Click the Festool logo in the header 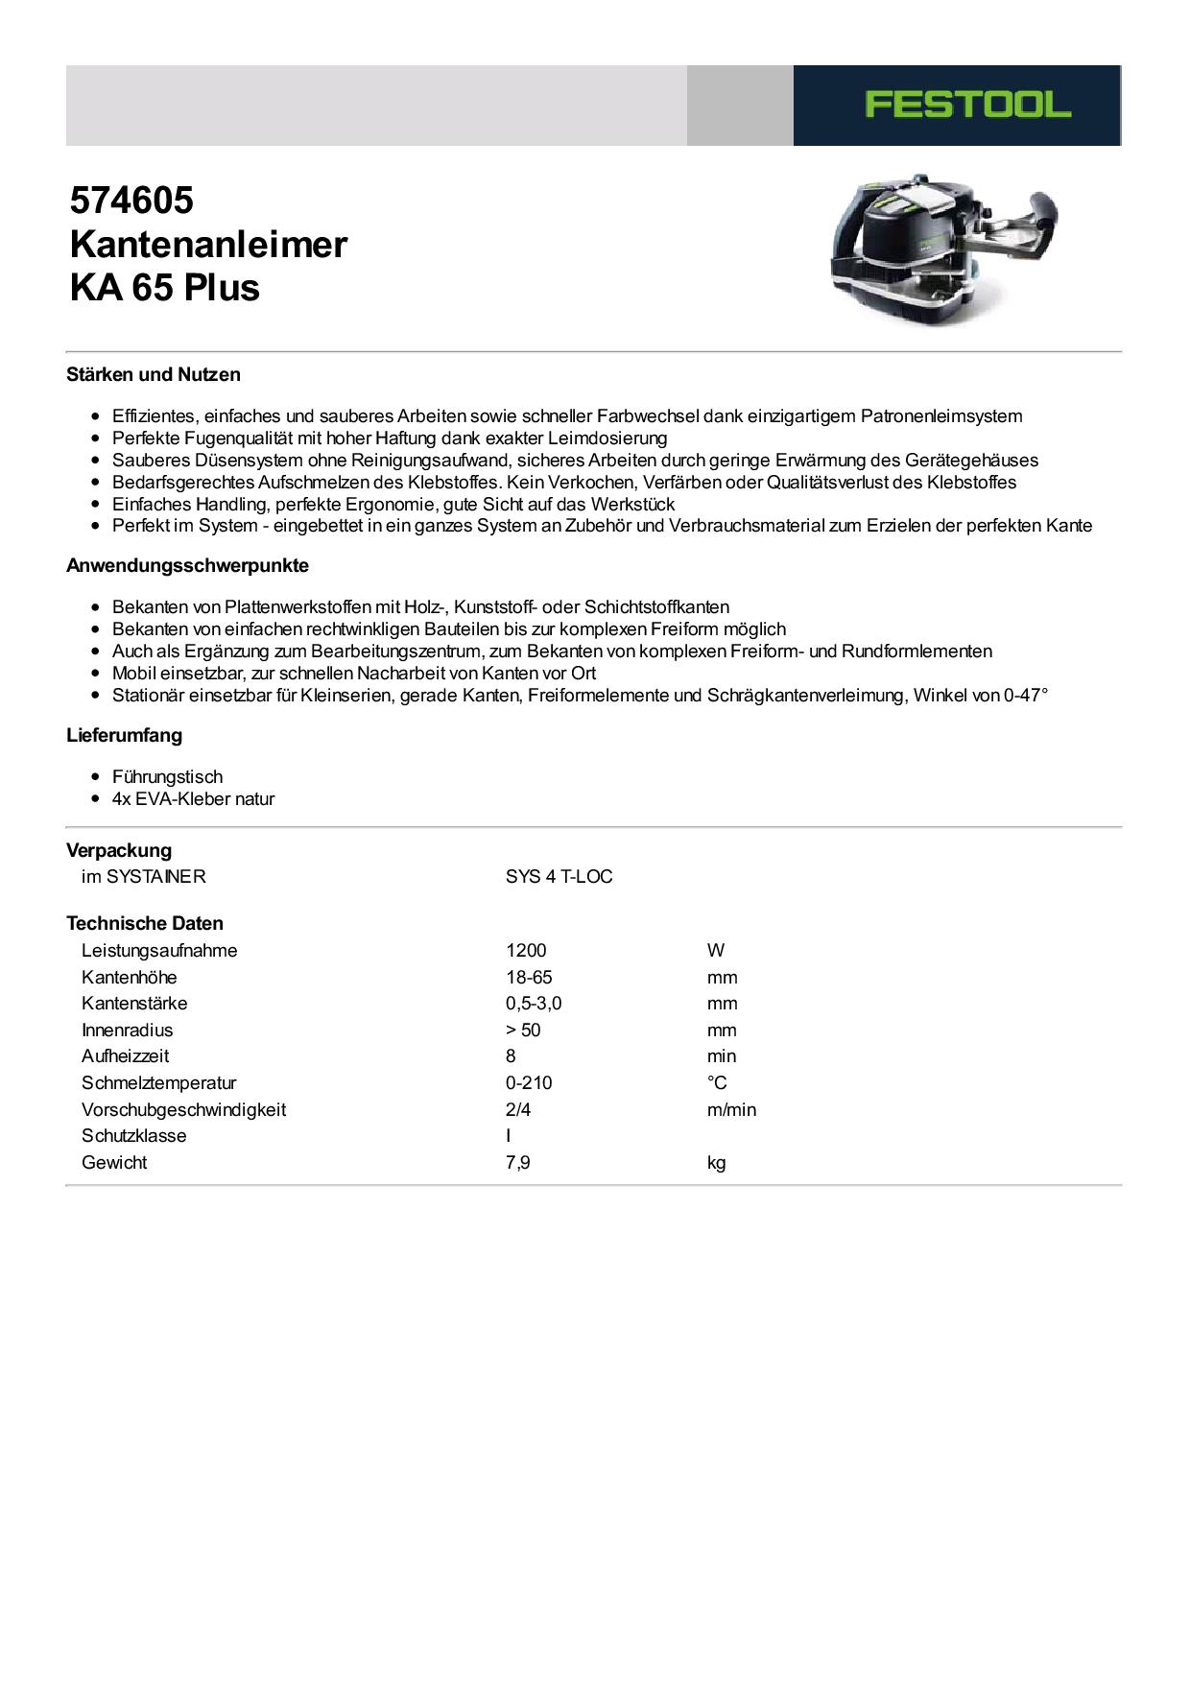tap(967, 105)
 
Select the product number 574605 tap(131, 201)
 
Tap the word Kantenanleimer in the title tap(208, 245)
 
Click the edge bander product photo tap(942, 249)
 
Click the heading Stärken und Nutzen tap(154, 374)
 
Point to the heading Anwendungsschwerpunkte tap(187, 565)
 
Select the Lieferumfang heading tap(124, 735)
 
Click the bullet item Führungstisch tap(167, 776)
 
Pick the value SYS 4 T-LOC tap(559, 876)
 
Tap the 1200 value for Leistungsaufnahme tap(526, 950)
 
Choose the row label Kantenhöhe tap(129, 977)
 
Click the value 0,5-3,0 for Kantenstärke tap(534, 1003)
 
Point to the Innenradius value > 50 tap(523, 1030)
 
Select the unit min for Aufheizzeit tap(722, 1055)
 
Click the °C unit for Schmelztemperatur tap(717, 1082)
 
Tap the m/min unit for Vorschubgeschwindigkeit tap(731, 1109)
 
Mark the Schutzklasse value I tap(509, 1135)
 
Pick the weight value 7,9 tap(518, 1162)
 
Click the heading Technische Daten tap(145, 923)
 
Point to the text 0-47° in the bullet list tap(1026, 695)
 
